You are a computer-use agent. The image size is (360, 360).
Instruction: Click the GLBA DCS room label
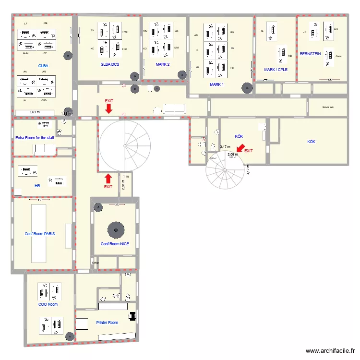coord(110,64)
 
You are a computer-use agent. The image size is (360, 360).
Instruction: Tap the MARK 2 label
coord(163,64)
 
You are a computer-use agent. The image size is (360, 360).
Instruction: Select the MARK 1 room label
coord(217,84)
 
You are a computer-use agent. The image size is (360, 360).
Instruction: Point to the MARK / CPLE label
coord(276,70)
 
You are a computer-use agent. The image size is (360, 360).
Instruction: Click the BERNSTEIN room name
coord(310,54)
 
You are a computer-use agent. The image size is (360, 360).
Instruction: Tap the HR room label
coord(37,185)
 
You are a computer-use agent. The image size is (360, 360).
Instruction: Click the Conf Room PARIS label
coord(40,234)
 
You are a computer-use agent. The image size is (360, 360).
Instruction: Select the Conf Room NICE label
coord(115,244)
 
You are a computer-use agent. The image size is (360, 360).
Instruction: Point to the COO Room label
coord(48,304)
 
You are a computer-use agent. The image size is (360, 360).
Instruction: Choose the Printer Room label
coord(107,323)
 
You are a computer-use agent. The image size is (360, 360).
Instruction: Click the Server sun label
coord(328,108)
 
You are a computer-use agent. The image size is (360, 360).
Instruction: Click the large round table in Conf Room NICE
coord(115,229)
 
